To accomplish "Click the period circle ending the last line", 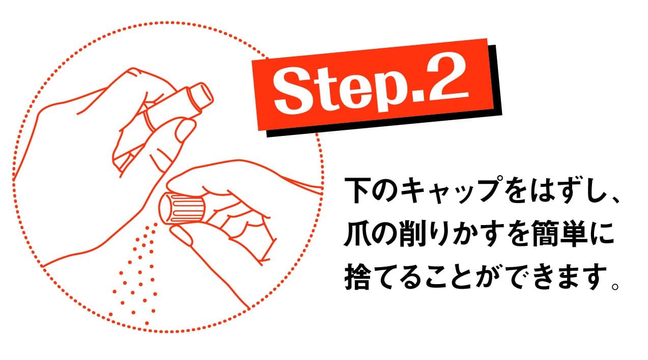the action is coord(615,286).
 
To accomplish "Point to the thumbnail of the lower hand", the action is coord(180,235).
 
